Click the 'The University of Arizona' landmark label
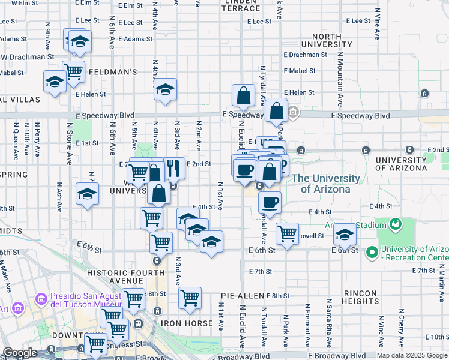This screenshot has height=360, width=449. (326, 184)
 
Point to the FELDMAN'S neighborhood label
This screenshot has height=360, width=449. (113, 71)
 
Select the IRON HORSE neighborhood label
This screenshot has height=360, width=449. (187, 323)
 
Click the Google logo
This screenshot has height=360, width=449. (20, 353)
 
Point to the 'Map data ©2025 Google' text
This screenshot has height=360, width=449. (412, 355)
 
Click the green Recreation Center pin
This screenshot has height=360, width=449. (372, 253)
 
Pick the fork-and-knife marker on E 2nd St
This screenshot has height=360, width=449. (173, 169)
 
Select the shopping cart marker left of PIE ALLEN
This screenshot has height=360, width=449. (190, 297)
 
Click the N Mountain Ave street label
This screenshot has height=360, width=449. (339, 78)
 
